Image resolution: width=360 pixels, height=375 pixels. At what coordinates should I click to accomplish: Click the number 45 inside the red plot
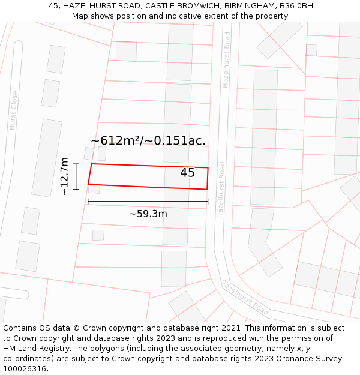tap(187, 173)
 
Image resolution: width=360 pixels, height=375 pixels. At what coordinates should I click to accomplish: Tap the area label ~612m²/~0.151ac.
tap(148, 140)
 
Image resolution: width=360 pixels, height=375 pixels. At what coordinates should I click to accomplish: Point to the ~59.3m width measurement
tap(148, 214)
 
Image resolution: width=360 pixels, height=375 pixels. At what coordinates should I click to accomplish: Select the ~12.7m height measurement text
tap(65, 176)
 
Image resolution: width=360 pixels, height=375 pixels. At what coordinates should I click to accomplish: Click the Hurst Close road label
tap(13, 110)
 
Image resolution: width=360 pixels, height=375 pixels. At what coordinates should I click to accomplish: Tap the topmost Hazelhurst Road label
tap(226, 60)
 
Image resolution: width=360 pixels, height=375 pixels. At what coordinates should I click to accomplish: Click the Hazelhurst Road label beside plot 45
tap(221, 190)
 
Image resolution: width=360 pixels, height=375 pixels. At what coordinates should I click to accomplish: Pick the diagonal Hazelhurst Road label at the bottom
tap(245, 297)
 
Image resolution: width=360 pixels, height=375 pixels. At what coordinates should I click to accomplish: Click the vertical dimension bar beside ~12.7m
tap(76, 176)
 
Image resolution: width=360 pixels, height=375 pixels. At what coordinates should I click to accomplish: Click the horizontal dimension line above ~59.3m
tap(148, 202)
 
